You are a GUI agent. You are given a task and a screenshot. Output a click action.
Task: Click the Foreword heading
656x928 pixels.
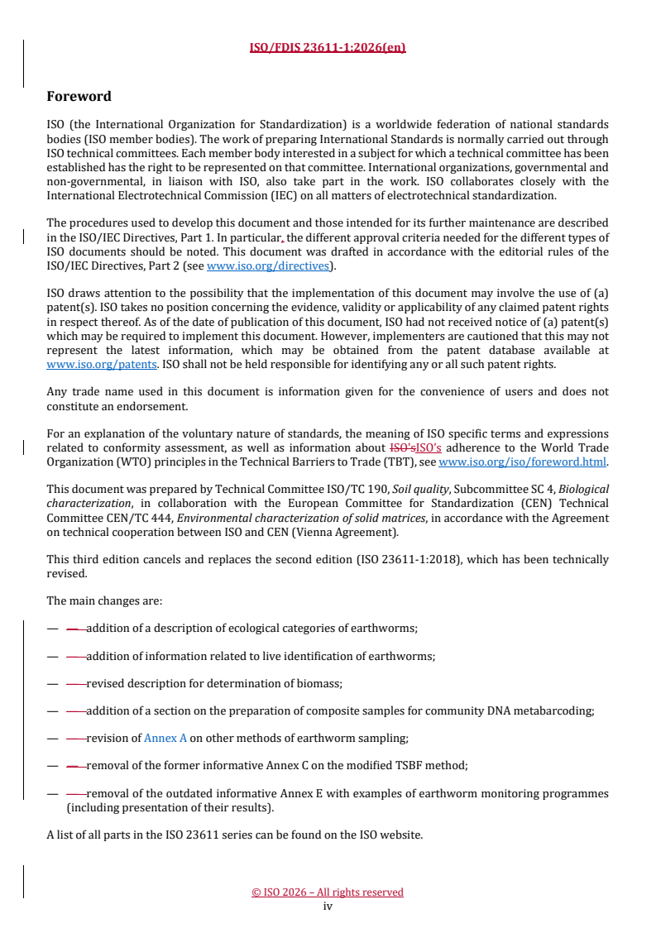(x=79, y=97)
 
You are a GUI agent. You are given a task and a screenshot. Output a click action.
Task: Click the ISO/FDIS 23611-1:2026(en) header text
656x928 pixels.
(x=328, y=47)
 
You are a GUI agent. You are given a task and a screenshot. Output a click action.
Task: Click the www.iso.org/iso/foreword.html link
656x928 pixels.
(x=522, y=462)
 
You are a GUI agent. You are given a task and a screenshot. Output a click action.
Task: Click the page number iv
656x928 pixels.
(x=328, y=906)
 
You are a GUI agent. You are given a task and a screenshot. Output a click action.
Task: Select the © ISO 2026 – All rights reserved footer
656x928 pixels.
(x=328, y=892)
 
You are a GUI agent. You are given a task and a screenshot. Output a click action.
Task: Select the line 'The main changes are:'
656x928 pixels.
(x=93, y=600)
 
